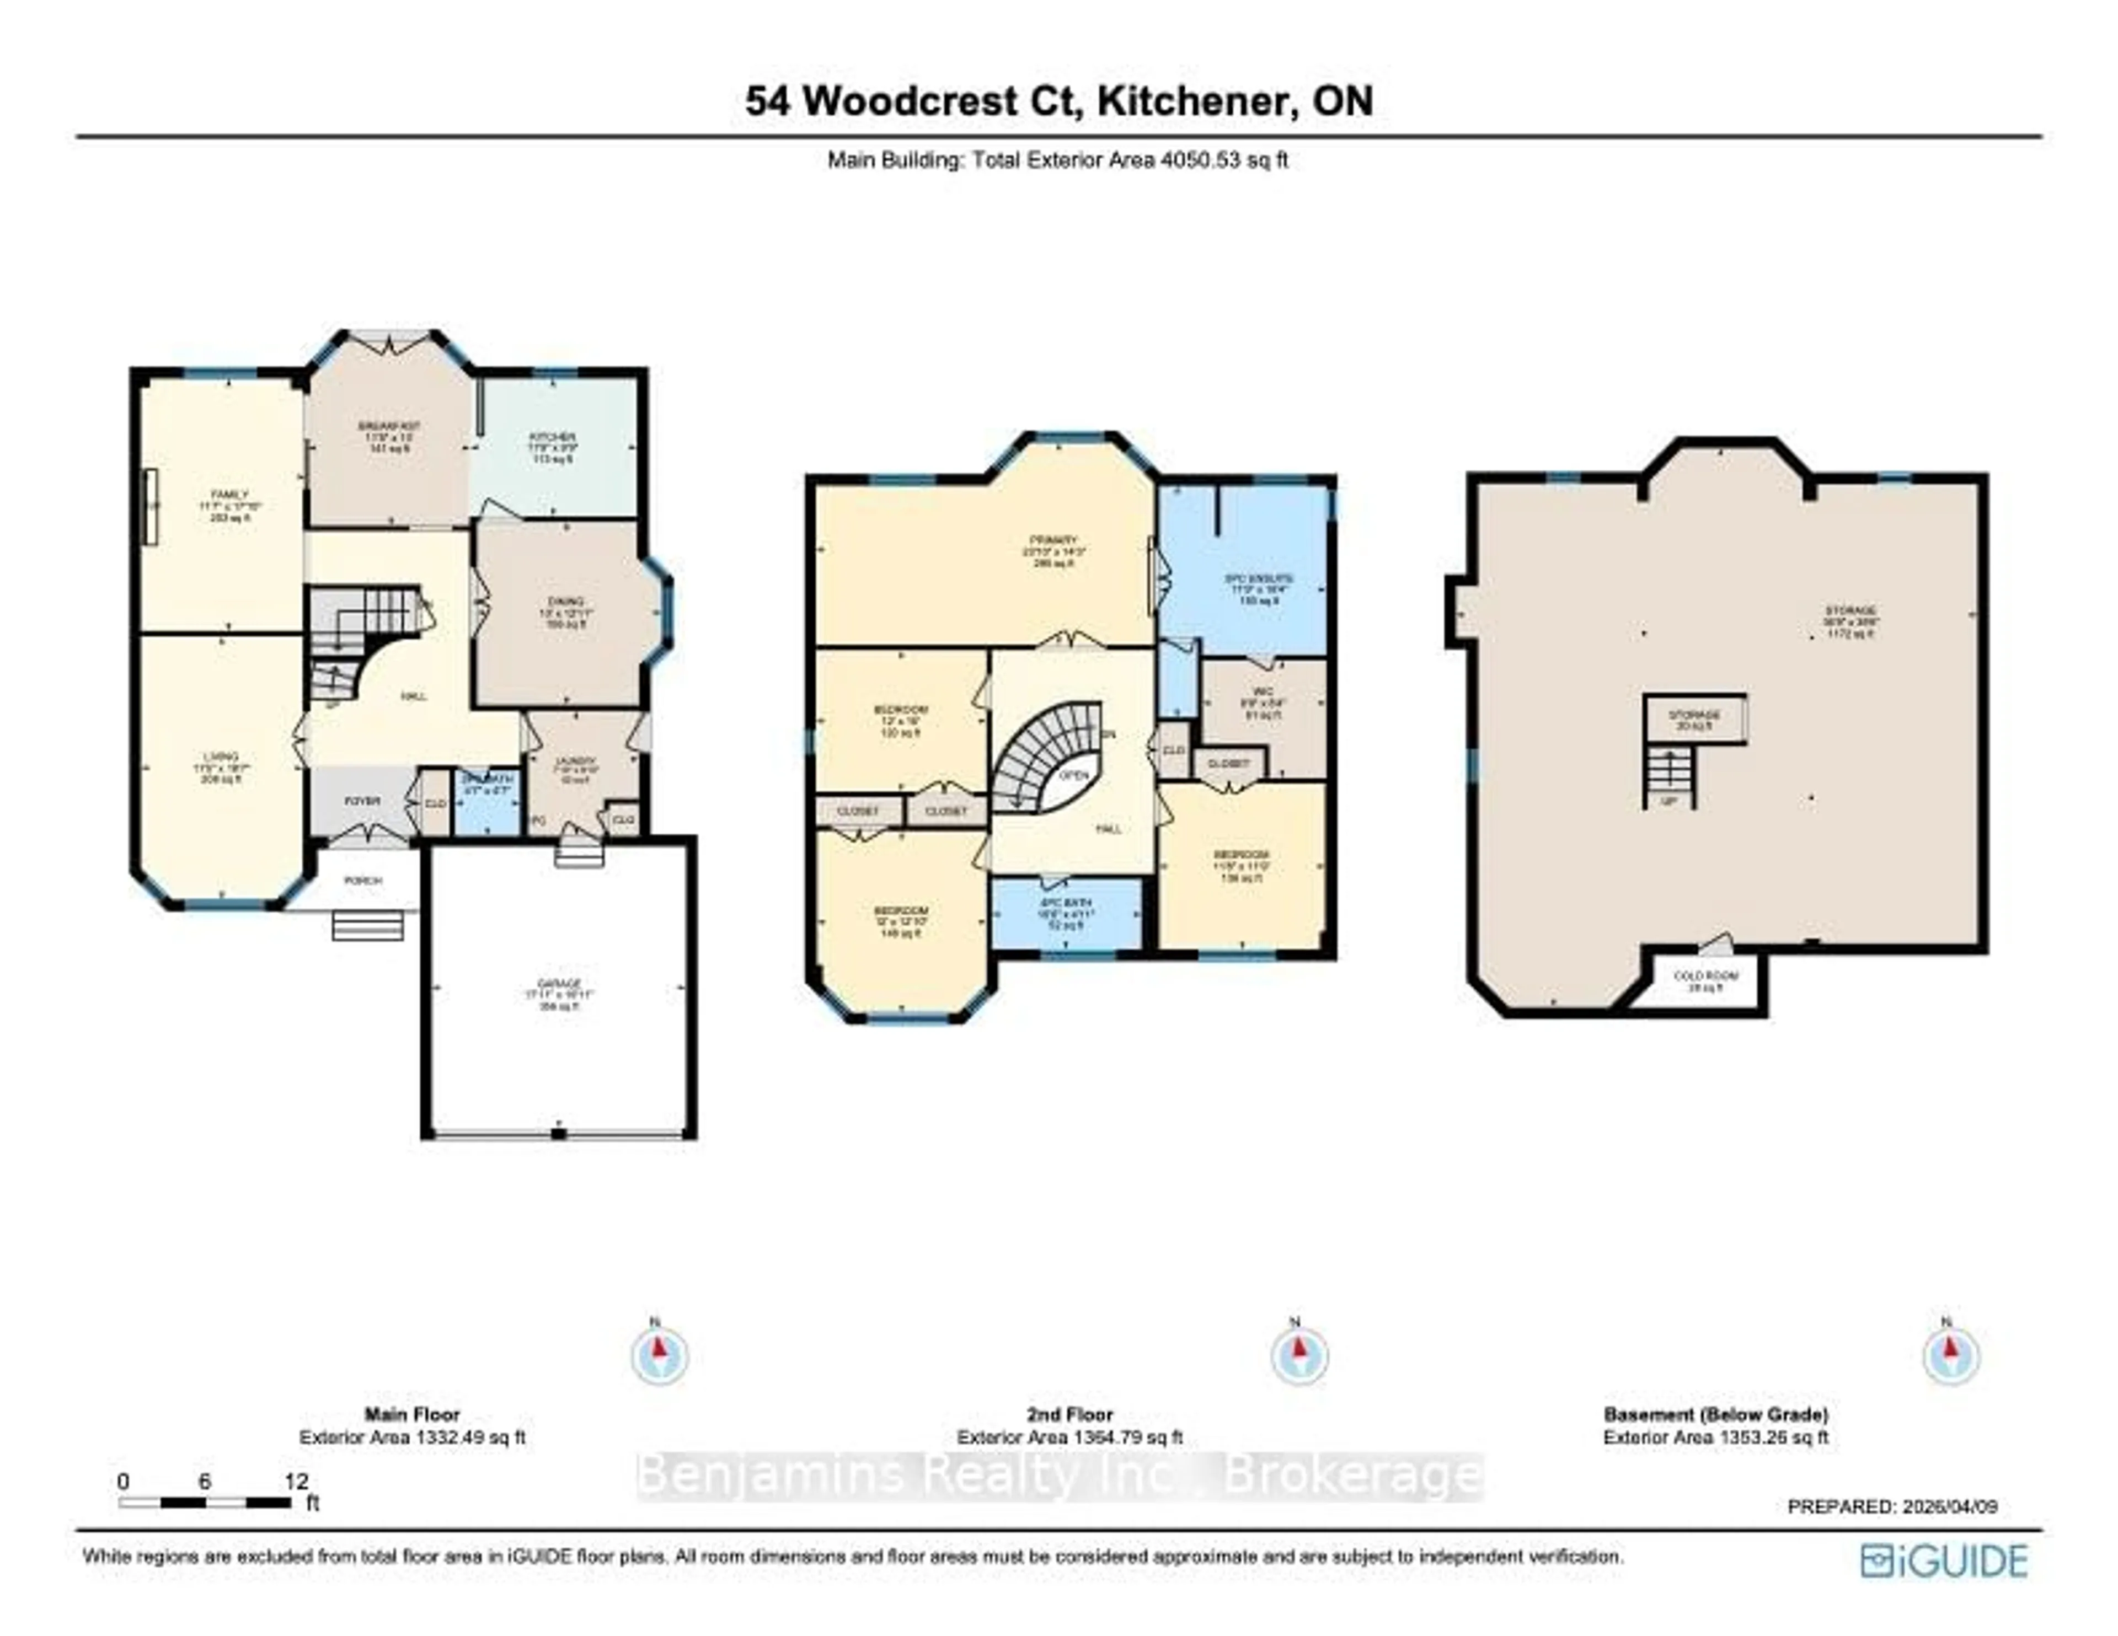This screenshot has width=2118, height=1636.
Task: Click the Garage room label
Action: click(x=559, y=983)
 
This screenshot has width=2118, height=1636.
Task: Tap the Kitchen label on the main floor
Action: click(x=553, y=437)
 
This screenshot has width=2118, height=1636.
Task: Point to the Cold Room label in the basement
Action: click(x=1707, y=975)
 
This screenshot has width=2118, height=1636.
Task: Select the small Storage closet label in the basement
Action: click(x=1694, y=715)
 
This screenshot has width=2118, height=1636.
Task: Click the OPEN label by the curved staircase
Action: click(x=1073, y=775)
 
